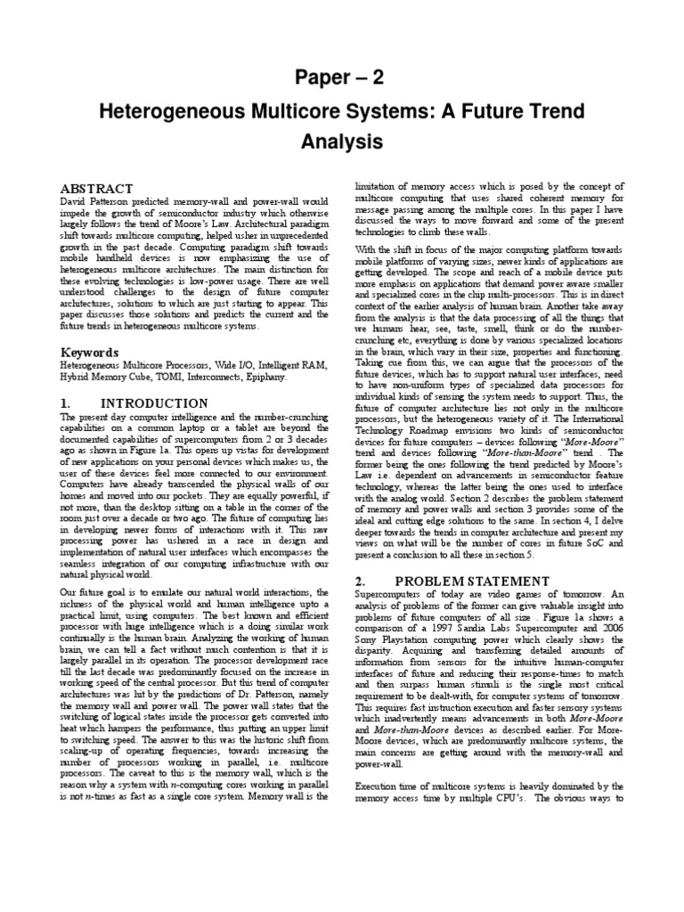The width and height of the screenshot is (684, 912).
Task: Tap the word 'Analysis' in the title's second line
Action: [341, 142]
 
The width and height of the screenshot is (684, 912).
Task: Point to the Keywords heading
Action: [89, 352]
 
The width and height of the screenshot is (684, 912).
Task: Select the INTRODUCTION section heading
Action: [155, 403]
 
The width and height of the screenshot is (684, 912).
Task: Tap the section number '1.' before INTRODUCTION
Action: [65, 403]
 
